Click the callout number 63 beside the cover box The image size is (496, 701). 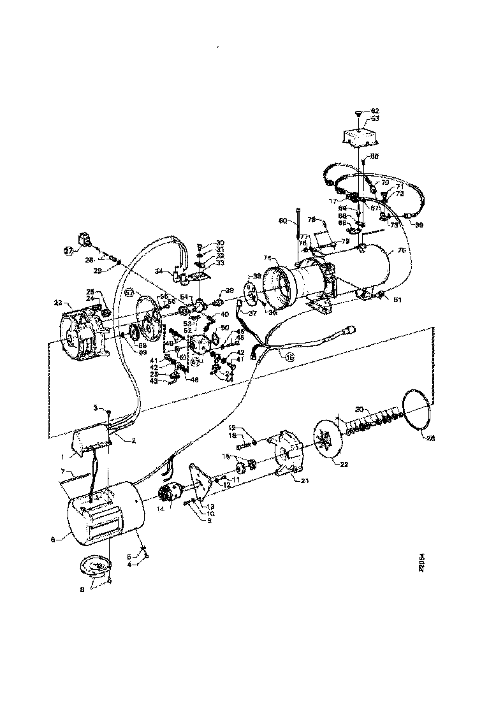(375, 119)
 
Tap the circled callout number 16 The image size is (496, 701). (290, 358)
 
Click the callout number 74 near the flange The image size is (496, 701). (268, 258)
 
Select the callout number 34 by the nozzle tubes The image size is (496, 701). (158, 270)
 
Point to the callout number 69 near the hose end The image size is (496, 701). (419, 225)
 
